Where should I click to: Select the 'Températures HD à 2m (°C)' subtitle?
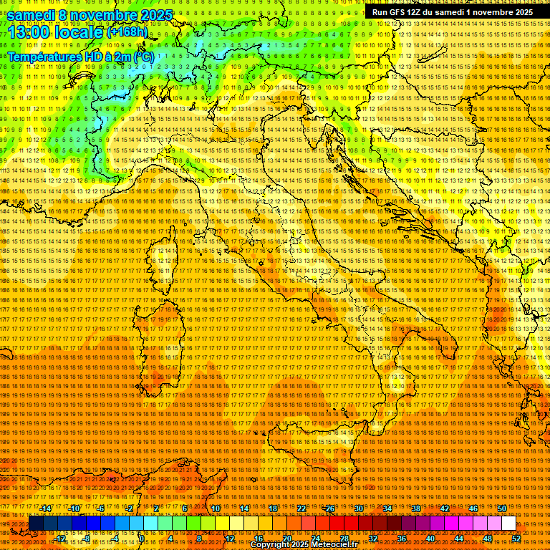pyautogui.click(x=80, y=57)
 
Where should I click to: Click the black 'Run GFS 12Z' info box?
pyautogui.click(x=452, y=12)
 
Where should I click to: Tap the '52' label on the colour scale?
pyautogui.click(x=516, y=539)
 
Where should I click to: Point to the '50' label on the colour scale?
pyautogui.click(x=502, y=508)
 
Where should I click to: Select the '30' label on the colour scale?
pyautogui.click(x=359, y=508)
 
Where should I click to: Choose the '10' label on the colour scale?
pyautogui.click(x=216, y=508)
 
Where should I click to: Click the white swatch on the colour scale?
pyautogui.click(x=508, y=524)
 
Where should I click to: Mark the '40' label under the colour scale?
pyautogui.click(x=430, y=539)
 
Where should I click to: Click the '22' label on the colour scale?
pyautogui.click(x=301, y=508)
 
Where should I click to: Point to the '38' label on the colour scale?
pyautogui.click(x=416, y=508)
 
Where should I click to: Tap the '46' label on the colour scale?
pyautogui.click(x=473, y=508)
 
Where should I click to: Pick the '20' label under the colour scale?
pyautogui.click(x=287, y=539)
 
